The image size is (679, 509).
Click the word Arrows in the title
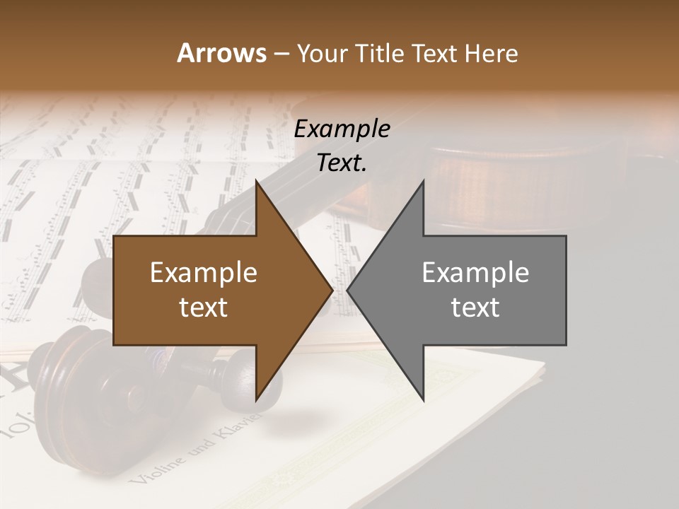pos(221,53)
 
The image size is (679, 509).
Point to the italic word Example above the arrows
pos(342,129)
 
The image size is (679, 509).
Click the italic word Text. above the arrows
pos(342,163)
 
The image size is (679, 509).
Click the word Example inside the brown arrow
pos(204,273)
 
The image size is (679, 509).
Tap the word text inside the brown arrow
pos(204,307)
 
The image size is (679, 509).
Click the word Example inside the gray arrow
pos(475,273)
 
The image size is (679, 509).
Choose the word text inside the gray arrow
pos(475,307)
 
